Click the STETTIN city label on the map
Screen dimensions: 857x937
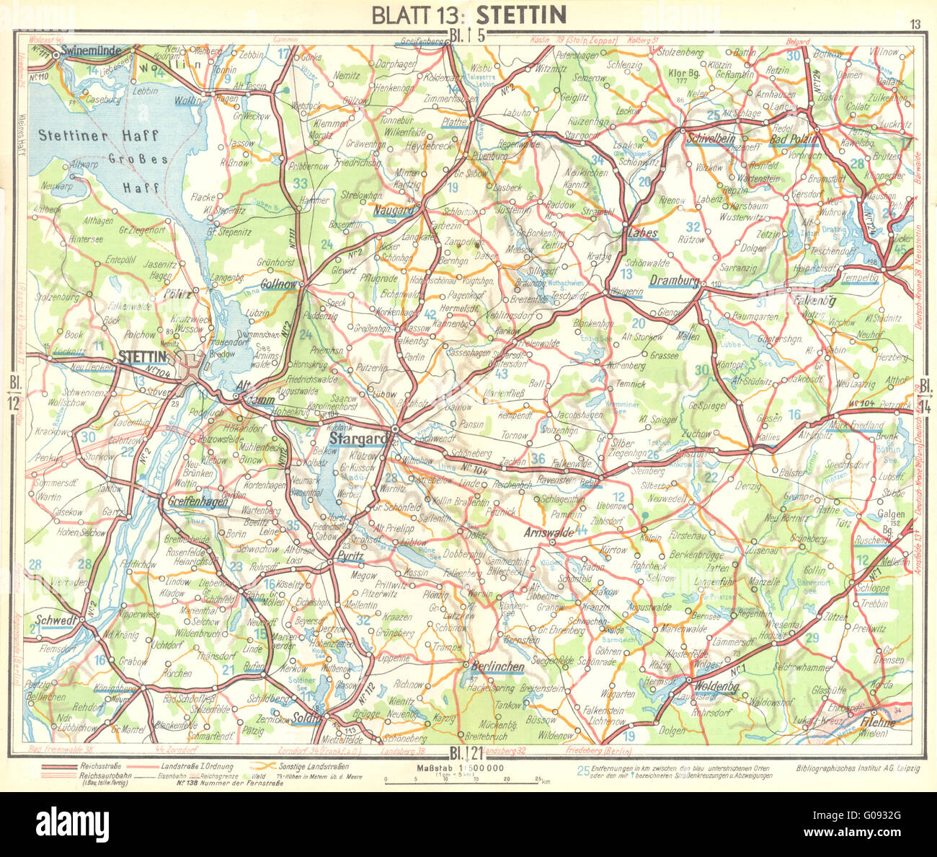coord(143,356)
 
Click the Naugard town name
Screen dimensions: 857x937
coord(395,210)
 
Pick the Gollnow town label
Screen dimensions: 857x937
coord(280,284)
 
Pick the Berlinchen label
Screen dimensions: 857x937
coord(497,667)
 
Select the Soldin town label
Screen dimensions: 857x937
coord(306,718)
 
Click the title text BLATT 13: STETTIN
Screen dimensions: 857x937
coord(468,14)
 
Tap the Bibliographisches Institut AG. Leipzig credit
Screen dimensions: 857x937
coord(858,768)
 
